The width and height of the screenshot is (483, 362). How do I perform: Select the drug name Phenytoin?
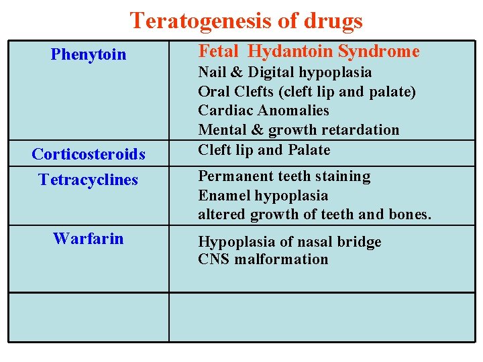coord(88,54)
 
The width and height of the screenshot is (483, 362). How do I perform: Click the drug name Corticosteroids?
coord(89,154)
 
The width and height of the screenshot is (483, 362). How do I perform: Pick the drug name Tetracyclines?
coord(89,180)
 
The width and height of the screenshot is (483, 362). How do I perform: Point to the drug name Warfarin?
coord(88,238)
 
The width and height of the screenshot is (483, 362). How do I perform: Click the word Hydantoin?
coord(290,52)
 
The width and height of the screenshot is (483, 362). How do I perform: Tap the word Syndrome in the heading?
coord(379,52)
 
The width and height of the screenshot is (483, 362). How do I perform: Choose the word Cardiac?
coord(225,111)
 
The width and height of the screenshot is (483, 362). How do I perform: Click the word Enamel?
coord(221,196)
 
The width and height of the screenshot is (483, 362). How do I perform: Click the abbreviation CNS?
coord(213,259)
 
